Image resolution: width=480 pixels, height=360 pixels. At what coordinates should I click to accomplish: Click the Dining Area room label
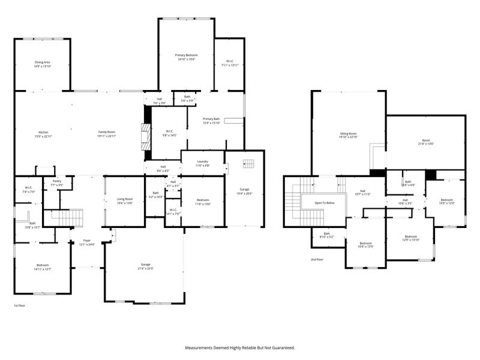tap(42, 62)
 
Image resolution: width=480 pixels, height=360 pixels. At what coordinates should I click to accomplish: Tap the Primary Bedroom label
tap(187, 55)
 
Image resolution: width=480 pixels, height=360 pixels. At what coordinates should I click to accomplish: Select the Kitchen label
tap(43, 132)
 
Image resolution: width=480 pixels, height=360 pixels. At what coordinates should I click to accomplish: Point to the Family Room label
tap(107, 132)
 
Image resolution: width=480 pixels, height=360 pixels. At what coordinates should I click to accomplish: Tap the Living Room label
tap(125, 199)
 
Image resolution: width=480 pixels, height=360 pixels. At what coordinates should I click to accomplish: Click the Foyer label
tap(86, 241)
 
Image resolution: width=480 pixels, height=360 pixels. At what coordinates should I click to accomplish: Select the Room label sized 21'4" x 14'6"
tap(425, 144)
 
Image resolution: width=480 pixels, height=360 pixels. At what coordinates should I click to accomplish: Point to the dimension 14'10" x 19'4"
tap(187, 59)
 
